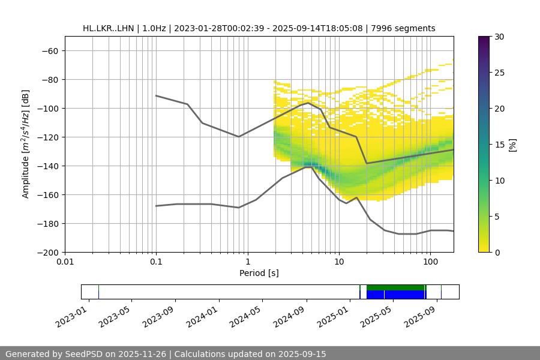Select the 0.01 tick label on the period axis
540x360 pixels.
click(x=65, y=262)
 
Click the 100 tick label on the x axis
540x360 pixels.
click(x=430, y=262)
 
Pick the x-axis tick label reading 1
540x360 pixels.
click(x=247, y=262)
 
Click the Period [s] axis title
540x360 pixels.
click(x=259, y=273)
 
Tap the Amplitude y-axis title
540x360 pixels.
click(x=26, y=144)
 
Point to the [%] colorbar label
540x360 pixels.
click(x=512, y=145)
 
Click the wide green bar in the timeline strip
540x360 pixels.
click(x=396, y=287)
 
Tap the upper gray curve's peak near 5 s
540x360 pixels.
click(x=308, y=103)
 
